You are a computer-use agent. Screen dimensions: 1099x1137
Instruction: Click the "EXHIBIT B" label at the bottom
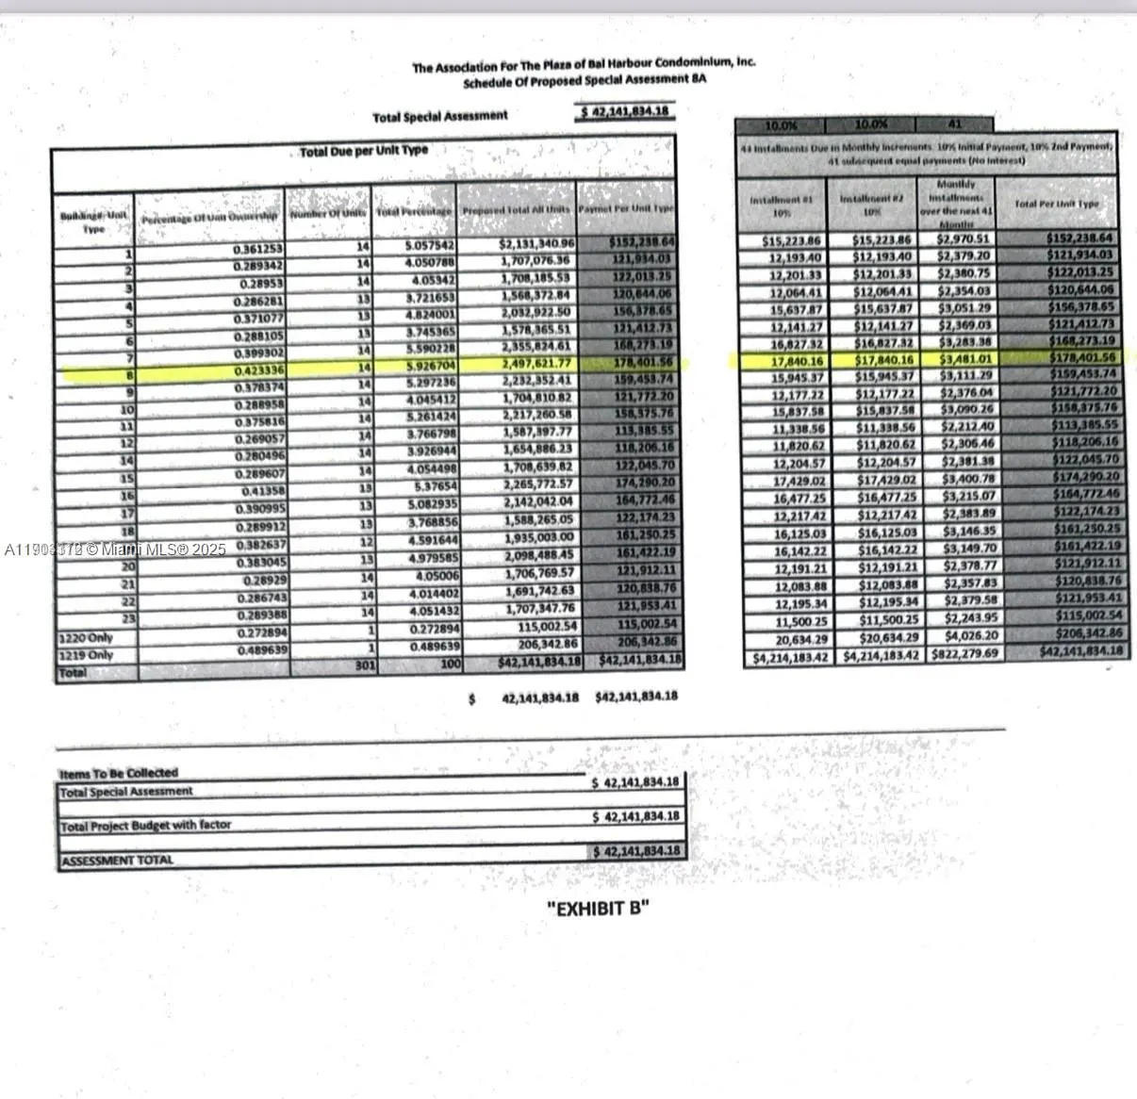pyautogui.click(x=598, y=909)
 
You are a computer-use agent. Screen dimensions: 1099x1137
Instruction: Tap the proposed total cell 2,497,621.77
pyautogui.click(x=536, y=365)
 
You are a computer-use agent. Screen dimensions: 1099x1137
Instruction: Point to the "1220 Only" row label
pyautogui.click(x=86, y=638)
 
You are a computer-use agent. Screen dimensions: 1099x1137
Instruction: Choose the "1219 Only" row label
pyautogui.click(x=86, y=655)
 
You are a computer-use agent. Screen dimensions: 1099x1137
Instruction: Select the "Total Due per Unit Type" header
pyautogui.click(x=363, y=151)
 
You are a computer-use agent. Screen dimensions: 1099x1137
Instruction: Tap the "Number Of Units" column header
pyautogui.click(x=327, y=214)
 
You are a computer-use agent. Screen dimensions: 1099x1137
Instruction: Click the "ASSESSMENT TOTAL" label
pyautogui.click(x=117, y=860)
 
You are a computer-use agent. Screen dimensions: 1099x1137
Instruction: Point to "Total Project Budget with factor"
pyautogui.click(x=145, y=826)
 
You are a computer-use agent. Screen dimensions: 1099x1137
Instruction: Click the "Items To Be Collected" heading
pyautogui.click(x=119, y=773)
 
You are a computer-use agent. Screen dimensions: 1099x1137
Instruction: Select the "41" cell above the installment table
pyautogui.click(x=954, y=124)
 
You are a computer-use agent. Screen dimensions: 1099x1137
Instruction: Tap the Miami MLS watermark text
pyautogui.click(x=115, y=549)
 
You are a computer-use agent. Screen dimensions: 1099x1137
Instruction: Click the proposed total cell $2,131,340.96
pyautogui.click(x=536, y=244)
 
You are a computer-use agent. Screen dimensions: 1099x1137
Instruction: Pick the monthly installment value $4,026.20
pyautogui.click(x=965, y=635)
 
